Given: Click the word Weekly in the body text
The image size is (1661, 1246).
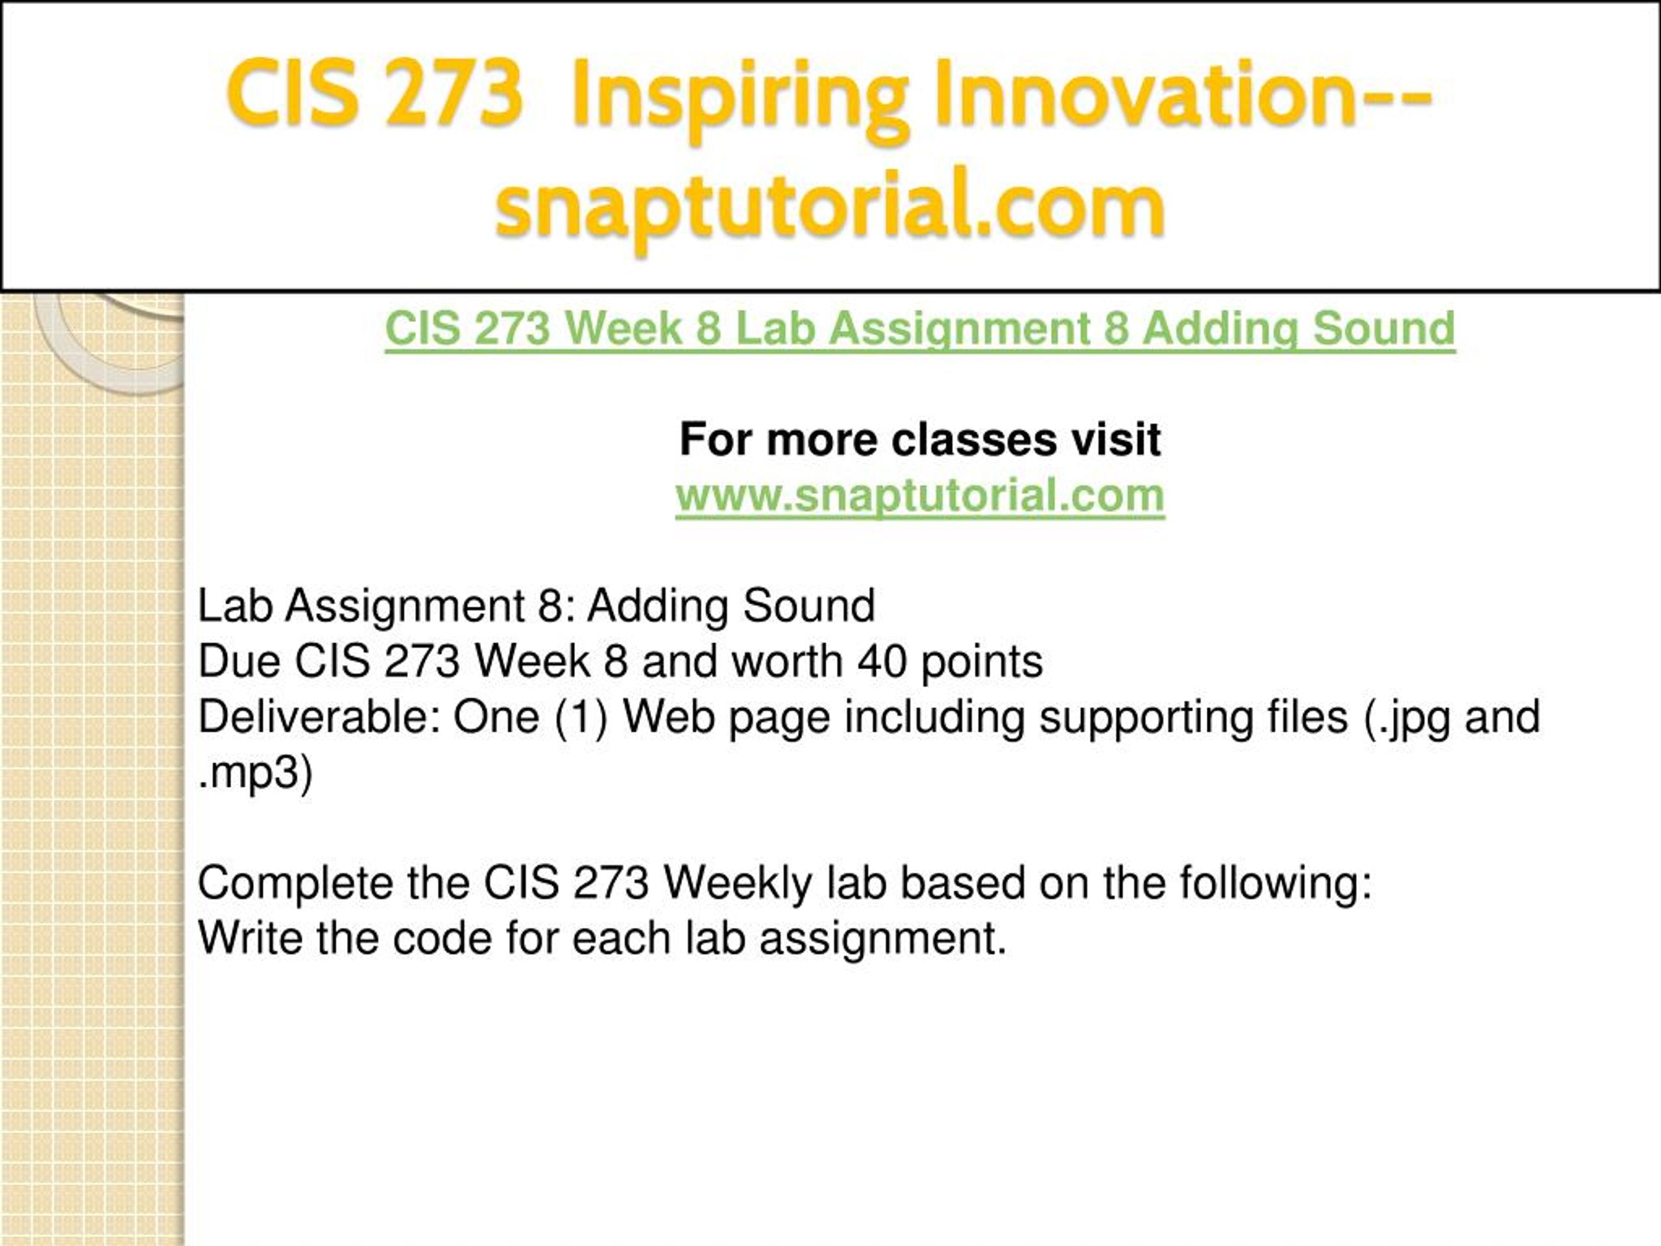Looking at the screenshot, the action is pos(737,883).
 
